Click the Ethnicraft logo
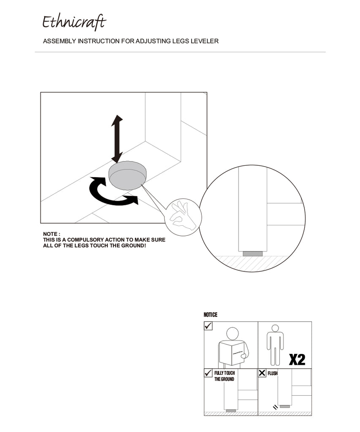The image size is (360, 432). point(74,22)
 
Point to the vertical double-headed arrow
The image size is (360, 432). point(117,139)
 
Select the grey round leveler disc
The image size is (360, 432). point(127,175)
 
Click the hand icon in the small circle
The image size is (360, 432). point(183,216)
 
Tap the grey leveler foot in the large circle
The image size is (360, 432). point(252,254)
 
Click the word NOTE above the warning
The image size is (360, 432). point(50,234)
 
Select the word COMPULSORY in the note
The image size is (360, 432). point(85,240)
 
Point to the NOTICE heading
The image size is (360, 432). point(210,315)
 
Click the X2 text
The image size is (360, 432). point(297,359)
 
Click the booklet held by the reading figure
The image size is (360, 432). point(232,353)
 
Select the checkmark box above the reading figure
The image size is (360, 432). point(208,326)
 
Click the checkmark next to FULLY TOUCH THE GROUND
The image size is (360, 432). point(208,373)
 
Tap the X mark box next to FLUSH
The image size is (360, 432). point(262,373)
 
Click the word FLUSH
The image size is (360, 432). point(273,373)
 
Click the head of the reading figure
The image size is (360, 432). point(233,333)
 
